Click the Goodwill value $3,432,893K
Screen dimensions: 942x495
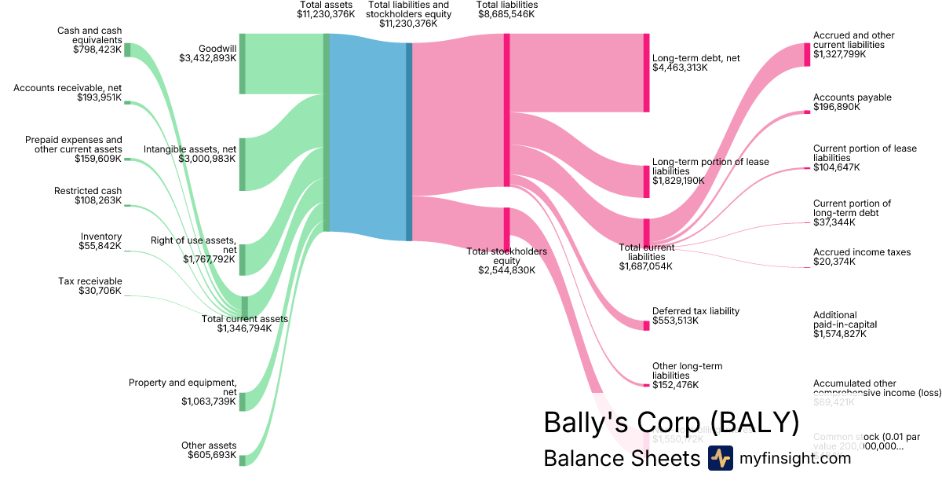[x=207, y=58]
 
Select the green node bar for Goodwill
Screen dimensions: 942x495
[x=243, y=64]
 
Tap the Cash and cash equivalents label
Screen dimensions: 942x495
[x=89, y=35]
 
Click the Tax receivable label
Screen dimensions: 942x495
[x=90, y=281]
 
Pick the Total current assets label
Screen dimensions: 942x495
[x=245, y=319]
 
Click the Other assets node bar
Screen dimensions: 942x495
[x=243, y=460]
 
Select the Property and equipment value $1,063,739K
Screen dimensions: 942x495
[x=208, y=401]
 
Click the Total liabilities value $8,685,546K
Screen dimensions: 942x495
[x=506, y=14]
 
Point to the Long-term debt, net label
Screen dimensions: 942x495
[x=696, y=58]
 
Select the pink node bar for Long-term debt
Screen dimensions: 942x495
[x=646, y=72]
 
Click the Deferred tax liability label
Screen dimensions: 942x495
[x=696, y=311]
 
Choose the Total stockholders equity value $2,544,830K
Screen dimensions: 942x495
[x=506, y=269]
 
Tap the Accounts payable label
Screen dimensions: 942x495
[x=852, y=97]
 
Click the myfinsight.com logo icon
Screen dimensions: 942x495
[x=720, y=458]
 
